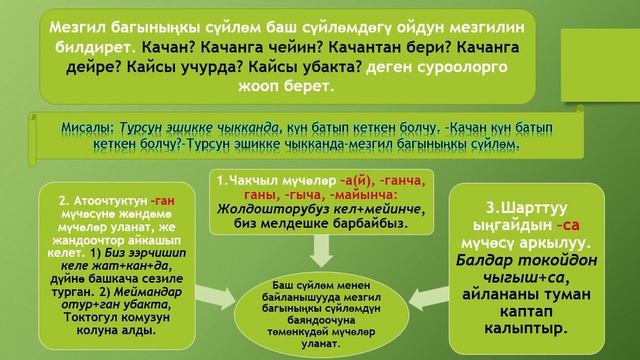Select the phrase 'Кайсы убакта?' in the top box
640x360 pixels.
[311, 69]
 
